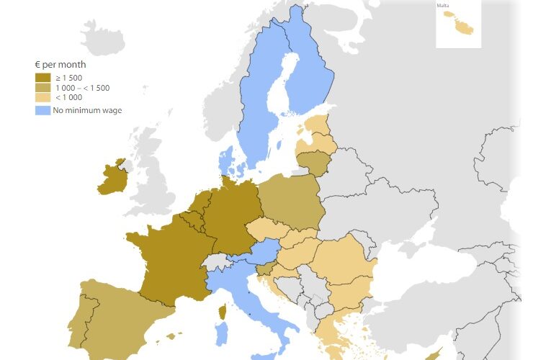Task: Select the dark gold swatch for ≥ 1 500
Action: [x=42, y=77]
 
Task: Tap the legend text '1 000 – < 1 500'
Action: [x=82, y=88]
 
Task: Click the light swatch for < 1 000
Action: [x=42, y=97]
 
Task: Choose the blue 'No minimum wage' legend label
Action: [x=87, y=110]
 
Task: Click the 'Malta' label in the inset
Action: [x=442, y=6]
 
